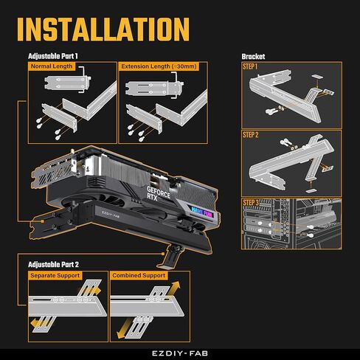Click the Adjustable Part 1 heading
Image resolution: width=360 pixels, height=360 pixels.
click(x=52, y=56)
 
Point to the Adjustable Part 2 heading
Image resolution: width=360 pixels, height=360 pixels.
click(x=52, y=264)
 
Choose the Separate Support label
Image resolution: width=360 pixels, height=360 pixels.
click(x=56, y=275)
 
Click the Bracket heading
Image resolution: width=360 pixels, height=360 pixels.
click(x=253, y=56)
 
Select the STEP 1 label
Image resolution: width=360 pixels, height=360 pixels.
click(x=251, y=67)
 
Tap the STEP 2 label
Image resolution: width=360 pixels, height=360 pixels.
click(x=251, y=135)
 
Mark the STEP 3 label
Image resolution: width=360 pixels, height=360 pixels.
click(x=251, y=202)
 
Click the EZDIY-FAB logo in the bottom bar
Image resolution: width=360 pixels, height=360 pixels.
click(x=180, y=353)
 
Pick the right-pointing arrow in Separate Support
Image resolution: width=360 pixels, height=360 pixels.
click(x=94, y=291)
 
